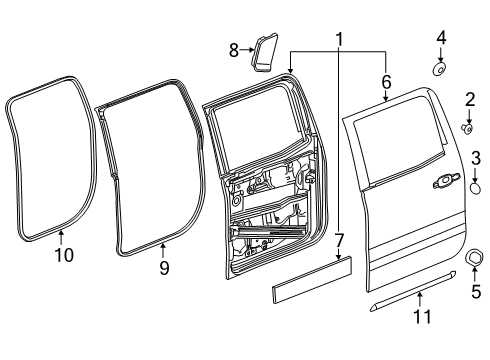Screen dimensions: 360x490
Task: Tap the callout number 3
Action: tap(476, 157)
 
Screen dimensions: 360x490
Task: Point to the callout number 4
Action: tap(441, 39)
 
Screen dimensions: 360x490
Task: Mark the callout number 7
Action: tap(339, 241)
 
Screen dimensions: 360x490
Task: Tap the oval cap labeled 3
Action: tap(476, 185)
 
